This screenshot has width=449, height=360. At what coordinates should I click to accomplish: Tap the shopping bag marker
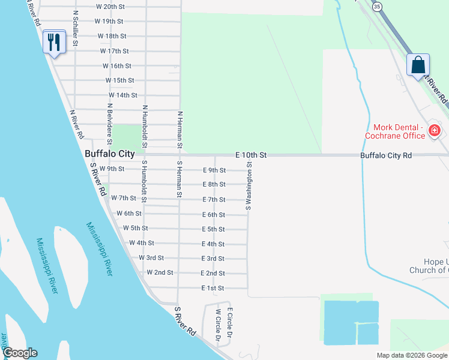[418, 64]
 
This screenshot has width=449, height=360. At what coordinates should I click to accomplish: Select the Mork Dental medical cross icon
[435, 130]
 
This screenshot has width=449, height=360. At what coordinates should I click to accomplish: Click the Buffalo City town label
[110, 154]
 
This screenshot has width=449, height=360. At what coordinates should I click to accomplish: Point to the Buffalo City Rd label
[386, 155]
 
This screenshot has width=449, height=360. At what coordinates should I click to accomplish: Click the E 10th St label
[251, 155]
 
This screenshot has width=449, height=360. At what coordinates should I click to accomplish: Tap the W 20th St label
[110, 7]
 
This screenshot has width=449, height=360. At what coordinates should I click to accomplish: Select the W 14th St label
[123, 95]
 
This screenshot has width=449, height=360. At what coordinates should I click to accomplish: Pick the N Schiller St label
[75, 28]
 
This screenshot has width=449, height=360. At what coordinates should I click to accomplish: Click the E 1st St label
[213, 288]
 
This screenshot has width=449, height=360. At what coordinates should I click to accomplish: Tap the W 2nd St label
[160, 272]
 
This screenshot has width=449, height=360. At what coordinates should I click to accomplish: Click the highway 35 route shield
[376, 7]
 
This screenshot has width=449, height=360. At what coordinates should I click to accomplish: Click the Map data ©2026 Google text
[412, 355]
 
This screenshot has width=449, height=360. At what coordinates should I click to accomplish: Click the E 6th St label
[213, 214]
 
